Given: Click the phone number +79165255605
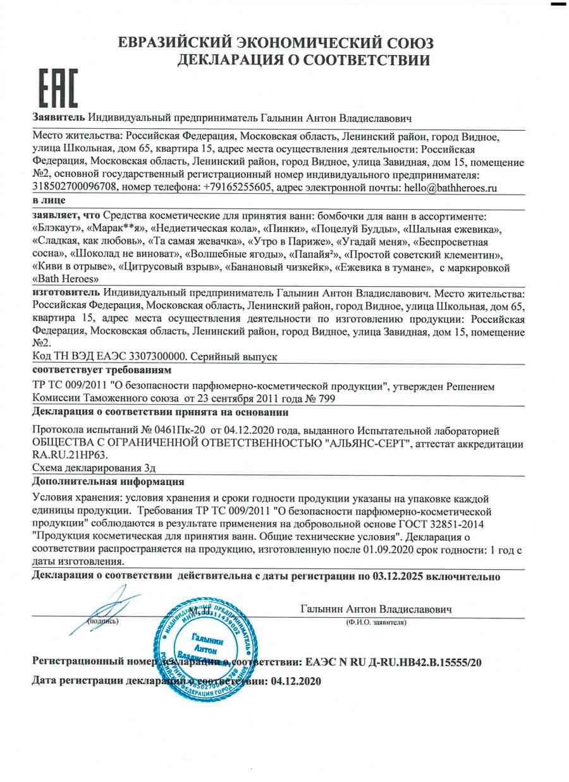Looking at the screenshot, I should click(238, 187).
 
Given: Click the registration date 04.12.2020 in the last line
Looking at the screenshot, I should click(296, 682).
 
